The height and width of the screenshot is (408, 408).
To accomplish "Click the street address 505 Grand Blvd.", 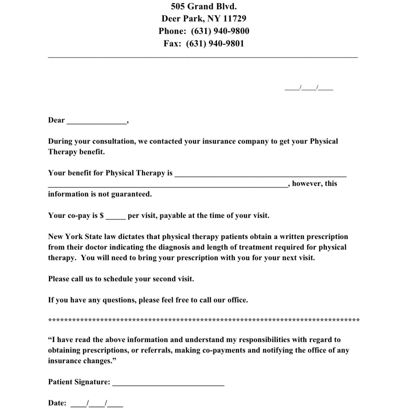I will pos(204,6).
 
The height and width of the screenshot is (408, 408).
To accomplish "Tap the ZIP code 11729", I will pos(235,18).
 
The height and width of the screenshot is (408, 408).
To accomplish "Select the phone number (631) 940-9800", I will pos(220,31).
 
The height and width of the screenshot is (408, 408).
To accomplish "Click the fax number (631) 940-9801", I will pos(215,44).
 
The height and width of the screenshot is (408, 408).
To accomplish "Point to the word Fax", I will pos(171,44).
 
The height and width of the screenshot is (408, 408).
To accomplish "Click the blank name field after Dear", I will pos(97,121).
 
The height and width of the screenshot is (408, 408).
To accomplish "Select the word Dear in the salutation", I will pos(56,120).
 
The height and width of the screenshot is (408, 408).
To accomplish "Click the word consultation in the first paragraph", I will pos(114,141).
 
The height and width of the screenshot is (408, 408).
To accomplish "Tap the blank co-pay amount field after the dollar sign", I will pos(116,216).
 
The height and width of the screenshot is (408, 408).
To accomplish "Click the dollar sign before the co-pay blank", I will pos(102,216).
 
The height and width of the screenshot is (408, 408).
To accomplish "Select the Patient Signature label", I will pos(79,382).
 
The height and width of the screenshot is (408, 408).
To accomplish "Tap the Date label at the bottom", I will pos(57,403).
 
